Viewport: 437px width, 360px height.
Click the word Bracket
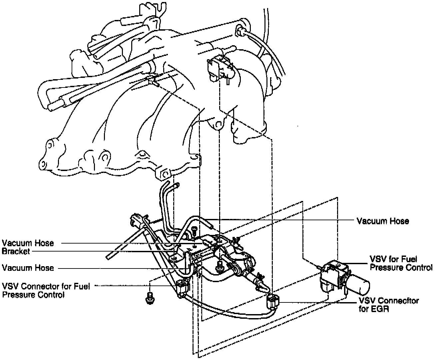coord(16,252)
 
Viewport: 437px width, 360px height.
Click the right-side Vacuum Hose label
coord(383,221)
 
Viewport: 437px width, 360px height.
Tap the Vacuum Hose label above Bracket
coord(28,243)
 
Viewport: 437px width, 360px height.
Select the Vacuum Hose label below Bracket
coord(28,268)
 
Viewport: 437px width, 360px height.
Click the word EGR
coord(381,309)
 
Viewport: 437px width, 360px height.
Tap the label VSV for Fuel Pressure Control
coord(401,263)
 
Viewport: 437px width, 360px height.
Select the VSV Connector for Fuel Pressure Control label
coord(46,290)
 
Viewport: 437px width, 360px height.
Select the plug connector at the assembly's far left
coord(137,219)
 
